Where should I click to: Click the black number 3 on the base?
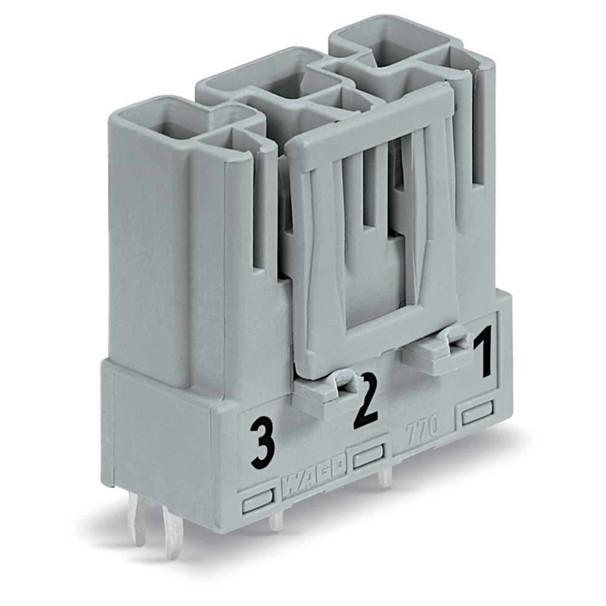click(262, 447)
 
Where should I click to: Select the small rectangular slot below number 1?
click(478, 415)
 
